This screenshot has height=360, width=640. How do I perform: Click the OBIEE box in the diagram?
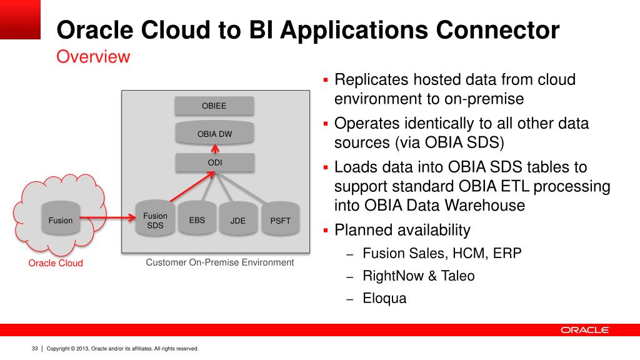coord(214,106)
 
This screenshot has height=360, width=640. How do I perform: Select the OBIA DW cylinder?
coord(214,134)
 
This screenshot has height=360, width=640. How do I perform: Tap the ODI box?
coord(214,162)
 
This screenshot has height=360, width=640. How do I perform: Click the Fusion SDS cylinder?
coord(156,221)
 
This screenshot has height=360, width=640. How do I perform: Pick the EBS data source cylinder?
coord(197,220)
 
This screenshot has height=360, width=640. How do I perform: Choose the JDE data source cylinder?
coord(237,221)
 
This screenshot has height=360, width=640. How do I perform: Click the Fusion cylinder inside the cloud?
coord(61,220)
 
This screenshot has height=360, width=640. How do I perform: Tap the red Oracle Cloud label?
coord(56,263)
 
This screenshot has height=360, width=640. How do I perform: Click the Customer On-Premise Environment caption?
coord(219,262)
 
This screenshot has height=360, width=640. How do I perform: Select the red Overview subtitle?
coord(93,57)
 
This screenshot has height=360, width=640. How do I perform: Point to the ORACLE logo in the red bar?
coord(584,330)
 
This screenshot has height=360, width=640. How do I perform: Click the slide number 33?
coord(35,349)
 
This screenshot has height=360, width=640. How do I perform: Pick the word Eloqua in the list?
coord(384,298)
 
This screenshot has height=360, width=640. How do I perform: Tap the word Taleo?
coord(459,276)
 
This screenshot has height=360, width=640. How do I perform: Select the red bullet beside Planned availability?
coord(326,231)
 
